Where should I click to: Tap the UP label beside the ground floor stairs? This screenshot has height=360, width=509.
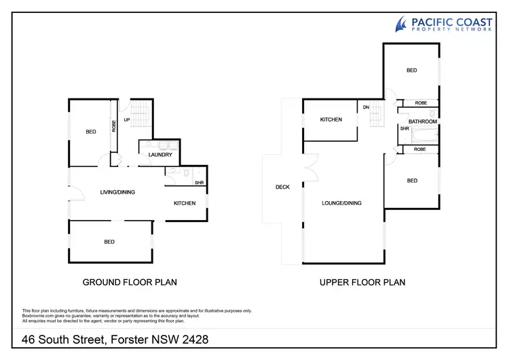tap(126, 120)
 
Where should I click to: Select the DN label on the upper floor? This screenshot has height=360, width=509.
tap(365, 107)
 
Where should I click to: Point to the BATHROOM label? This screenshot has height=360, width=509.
tap(422, 121)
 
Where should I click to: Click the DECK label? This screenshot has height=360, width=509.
tap(283, 187)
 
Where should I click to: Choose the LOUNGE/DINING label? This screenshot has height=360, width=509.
tap(341, 203)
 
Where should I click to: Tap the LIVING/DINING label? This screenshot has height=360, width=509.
tap(117, 192)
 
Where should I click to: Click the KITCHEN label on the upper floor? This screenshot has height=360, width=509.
tap(331, 120)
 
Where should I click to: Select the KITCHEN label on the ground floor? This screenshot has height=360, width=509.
tap(185, 203)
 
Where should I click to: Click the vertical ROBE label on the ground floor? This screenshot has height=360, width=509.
tap(114, 125)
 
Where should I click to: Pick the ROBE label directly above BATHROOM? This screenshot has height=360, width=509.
tap(421, 103)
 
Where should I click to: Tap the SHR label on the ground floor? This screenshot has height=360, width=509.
tap(199, 182)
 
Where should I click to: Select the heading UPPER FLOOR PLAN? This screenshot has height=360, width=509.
tap(362, 282)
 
